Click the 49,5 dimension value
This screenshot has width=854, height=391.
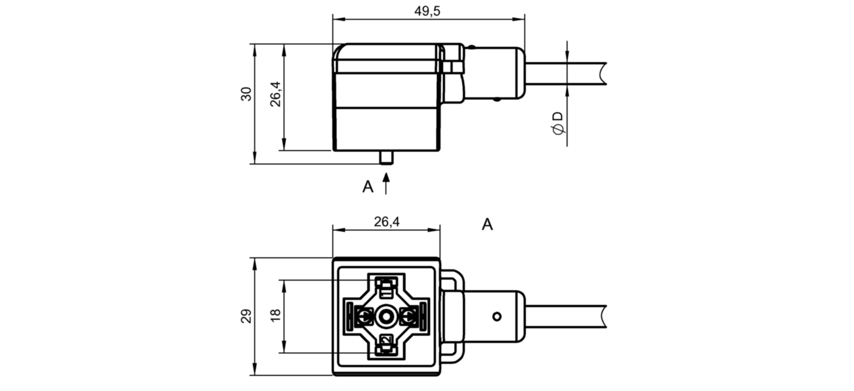coord(427,11)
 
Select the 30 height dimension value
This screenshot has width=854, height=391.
coord(246,94)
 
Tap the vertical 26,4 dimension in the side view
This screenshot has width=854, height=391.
coord(275,94)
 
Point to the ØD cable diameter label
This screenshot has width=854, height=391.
coord(558,123)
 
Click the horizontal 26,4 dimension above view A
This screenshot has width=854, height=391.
coord(387,221)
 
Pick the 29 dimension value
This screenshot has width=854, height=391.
coord(246,316)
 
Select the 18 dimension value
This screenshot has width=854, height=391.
coord(275,315)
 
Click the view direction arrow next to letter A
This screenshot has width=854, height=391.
coord(386,183)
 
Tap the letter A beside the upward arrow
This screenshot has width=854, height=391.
coord(368,187)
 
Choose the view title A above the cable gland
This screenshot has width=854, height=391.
coord(487,224)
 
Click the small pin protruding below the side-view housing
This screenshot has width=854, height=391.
coord(386,157)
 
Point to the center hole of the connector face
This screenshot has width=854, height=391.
coord(386,317)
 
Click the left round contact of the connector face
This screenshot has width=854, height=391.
coord(364,316)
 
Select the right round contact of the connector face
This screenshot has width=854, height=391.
coord(408,316)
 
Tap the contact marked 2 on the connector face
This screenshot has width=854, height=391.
coord(387,340)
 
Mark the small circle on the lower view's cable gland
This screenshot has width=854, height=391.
coord(497,317)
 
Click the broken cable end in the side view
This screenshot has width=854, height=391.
coord(602,74)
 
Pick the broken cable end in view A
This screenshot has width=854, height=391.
coord(602,317)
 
